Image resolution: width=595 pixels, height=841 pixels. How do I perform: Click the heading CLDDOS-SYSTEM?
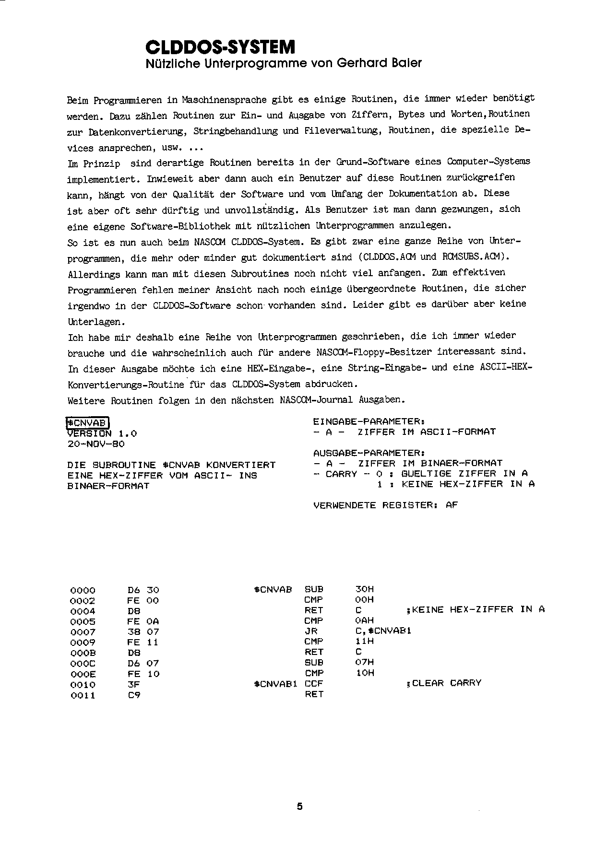(220, 47)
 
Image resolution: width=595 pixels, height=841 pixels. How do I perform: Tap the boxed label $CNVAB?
(88, 422)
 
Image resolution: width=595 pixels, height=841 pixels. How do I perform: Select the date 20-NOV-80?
(96, 444)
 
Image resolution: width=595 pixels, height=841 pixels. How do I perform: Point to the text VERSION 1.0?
(102, 433)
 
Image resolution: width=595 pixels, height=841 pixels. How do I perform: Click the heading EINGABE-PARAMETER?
(368, 421)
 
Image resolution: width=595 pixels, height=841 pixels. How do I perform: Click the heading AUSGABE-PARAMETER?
(368, 453)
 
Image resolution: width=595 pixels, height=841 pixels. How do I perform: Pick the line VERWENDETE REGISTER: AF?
(385, 505)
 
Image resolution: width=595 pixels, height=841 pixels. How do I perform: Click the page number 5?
(300, 806)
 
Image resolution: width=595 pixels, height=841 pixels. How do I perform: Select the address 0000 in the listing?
(83, 590)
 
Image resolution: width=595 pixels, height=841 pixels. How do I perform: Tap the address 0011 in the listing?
(83, 695)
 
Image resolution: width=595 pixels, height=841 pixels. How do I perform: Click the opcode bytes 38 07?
(143, 632)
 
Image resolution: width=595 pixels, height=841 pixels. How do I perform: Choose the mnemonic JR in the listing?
(311, 631)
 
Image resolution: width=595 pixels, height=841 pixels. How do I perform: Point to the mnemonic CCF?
(314, 683)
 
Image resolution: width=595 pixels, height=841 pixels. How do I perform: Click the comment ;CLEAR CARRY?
(443, 683)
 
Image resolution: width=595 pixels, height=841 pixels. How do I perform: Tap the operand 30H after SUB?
(364, 589)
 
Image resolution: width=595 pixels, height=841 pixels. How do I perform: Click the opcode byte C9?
(134, 695)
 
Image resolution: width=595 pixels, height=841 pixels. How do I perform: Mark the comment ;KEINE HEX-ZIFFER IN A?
(475, 610)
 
